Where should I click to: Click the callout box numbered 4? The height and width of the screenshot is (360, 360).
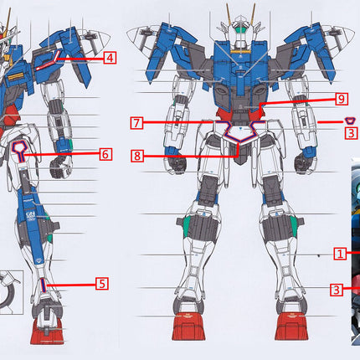tap(111, 58)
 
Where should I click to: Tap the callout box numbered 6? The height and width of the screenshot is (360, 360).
tap(105, 154)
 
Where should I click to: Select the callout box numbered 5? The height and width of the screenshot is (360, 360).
tap(100, 283)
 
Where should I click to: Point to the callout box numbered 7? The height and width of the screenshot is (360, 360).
tap(136, 123)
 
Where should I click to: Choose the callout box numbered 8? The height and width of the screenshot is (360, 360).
tap(136, 154)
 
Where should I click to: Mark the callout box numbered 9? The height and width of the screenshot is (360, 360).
tap(342, 98)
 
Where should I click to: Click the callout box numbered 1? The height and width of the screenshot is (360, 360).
tap(340, 252)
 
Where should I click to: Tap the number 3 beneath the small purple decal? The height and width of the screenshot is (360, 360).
tap(352, 132)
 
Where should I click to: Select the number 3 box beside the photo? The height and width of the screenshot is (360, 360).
tap(335, 290)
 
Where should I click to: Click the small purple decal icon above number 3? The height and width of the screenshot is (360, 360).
tap(351, 120)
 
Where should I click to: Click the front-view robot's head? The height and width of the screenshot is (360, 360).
tap(240, 30)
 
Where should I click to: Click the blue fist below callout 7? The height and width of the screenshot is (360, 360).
tap(177, 159)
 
